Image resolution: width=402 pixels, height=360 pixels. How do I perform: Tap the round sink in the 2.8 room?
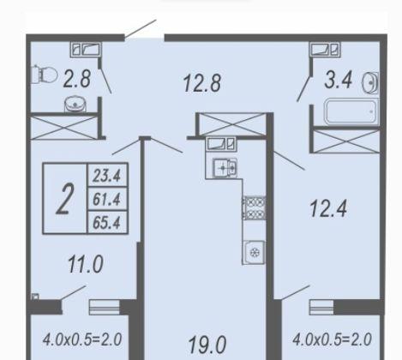point(73,104)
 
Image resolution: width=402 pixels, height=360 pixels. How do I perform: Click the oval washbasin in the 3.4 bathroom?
point(369,82)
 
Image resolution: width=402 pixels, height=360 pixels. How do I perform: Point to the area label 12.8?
point(202,83)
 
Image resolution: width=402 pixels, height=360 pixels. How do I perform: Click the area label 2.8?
point(76,81)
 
